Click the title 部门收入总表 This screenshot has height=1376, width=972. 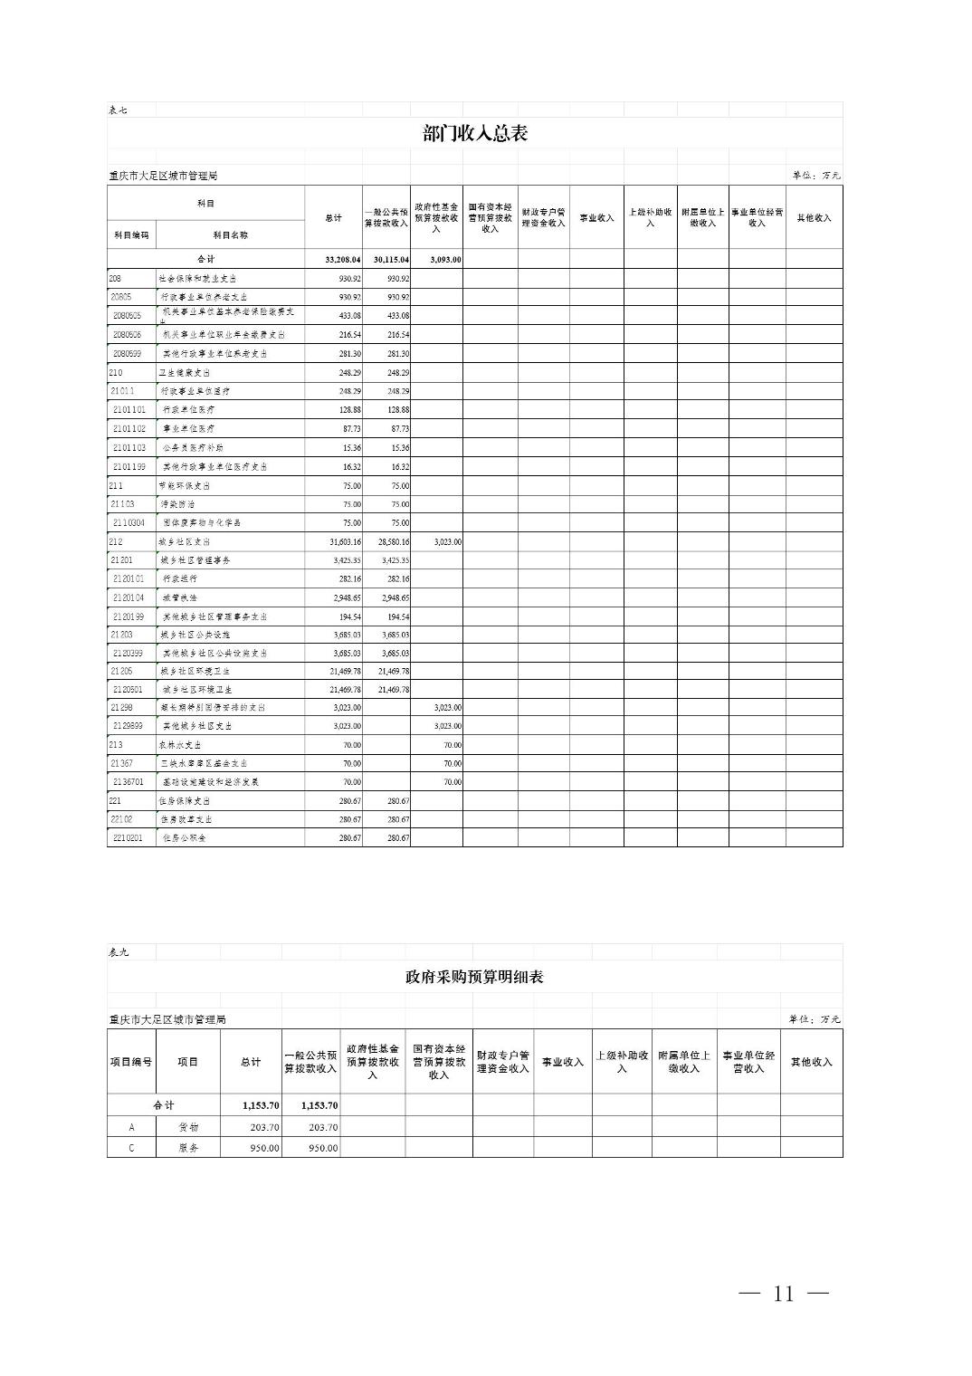click(x=474, y=134)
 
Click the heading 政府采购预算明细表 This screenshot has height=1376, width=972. click(x=474, y=977)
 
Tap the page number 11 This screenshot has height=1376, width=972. click(x=784, y=1294)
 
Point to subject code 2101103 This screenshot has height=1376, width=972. click(x=129, y=447)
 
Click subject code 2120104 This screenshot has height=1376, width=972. click(x=129, y=597)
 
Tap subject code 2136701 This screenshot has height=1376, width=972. click(x=129, y=781)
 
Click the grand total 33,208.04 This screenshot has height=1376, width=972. click(x=342, y=260)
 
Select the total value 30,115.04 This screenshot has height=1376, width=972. click(x=391, y=260)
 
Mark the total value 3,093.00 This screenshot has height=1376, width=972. click(x=444, y=260)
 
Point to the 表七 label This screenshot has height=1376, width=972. click(x=118, y=110)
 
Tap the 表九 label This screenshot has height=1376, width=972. click(x=118, y=952)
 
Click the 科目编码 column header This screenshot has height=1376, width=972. click(x=130, y=234)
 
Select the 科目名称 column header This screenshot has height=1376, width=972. click(x=230, y=234)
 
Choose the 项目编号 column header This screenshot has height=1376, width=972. click(x=130, y=1062)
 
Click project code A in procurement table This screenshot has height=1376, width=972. click(x=131, y=1127)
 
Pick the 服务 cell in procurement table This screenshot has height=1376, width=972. click(x=187, y=1147)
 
